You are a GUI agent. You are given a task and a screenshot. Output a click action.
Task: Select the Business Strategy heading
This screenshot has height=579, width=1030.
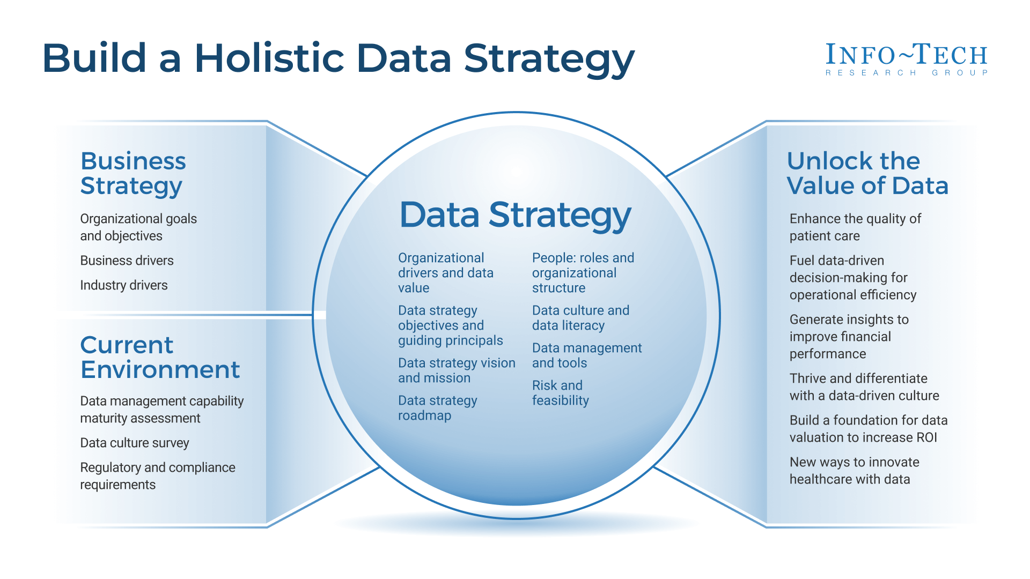pyautogui.click(x=133, y=173)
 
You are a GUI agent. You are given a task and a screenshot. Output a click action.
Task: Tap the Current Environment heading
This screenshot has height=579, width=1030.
pyautogui.click(x=159, y=357)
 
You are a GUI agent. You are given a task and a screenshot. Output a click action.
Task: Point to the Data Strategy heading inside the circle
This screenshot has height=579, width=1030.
pyautogui.click(x=515, y=215)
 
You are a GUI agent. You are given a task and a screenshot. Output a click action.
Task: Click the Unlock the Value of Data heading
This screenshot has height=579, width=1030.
pyautogui.click(x=867, y=173)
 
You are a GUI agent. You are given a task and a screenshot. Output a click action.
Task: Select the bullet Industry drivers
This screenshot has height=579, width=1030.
pyautogui.click(x=124, y=285)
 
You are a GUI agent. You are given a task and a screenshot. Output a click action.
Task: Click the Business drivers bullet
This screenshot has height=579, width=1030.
pyautogui.click(x=127, y=261)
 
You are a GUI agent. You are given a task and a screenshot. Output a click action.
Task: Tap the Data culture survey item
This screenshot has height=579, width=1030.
pyautogui.click(x=135, y=443)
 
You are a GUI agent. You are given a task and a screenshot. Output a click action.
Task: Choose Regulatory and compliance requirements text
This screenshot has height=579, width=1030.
pyautogui.click(x=157, y=476)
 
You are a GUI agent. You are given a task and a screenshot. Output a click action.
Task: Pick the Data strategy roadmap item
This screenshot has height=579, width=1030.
pyautogui.click(x=437, y=408)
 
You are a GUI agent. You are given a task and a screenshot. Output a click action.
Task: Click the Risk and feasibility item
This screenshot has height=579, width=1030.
pyautogui.click(x=560, y=393)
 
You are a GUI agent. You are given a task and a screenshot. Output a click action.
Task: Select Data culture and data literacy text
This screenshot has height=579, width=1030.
pyautogui.click(x=580, y=318)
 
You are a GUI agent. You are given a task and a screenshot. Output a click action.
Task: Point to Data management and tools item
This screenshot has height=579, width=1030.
pyautogui.click(x=586, y=355)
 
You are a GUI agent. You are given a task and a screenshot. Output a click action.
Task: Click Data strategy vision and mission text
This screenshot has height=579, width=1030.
pyautogui.click(x=456, y=370)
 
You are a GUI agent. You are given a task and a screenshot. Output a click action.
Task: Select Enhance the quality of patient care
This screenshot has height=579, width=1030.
pyautogui.click(x=855, y=227)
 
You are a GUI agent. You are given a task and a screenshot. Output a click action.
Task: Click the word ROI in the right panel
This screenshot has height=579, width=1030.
pyautogui.click(x=926, y=437)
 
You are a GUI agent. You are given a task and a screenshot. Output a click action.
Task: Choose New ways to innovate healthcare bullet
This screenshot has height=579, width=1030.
pyautogui.click(x=854, y=471)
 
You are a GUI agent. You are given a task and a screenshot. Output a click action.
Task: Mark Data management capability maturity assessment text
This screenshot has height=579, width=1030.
pyautogui.click(x=161, y=410)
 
